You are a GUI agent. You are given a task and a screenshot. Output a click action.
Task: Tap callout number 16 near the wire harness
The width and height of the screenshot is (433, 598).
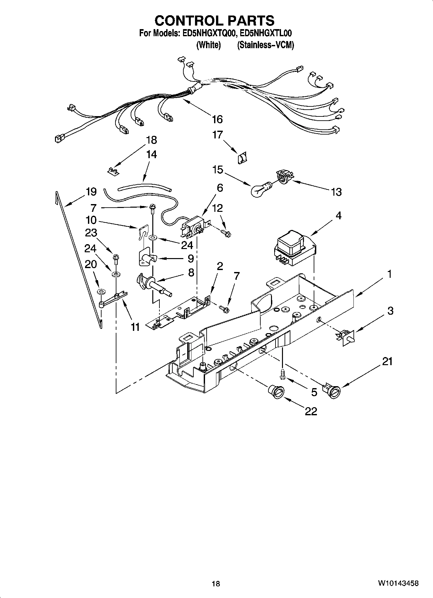[x=217, y=119]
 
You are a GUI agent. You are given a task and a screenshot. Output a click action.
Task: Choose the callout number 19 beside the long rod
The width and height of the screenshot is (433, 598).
[x=91, y=191]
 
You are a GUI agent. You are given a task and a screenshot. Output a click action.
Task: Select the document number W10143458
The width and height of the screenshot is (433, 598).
[x=398, y=583]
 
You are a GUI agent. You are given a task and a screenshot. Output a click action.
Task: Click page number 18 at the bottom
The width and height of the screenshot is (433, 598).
[x=216, y=583]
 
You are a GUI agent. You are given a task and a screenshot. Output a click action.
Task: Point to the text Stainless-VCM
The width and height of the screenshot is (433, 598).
[x=265, y=45]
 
